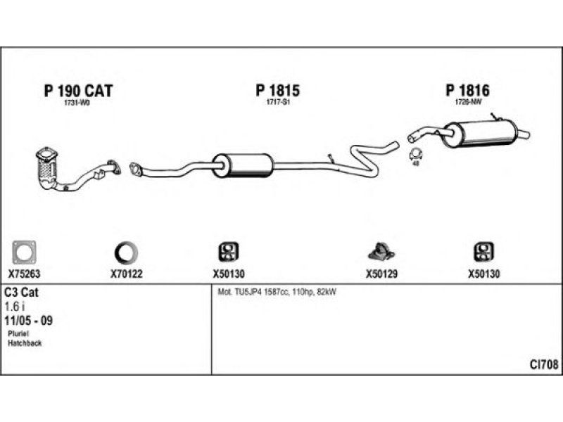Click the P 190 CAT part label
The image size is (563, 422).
click(78, 91)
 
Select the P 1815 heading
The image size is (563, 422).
click(278, 91)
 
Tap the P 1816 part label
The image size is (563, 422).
click(467, 91)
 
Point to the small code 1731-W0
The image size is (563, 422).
click(77, 103)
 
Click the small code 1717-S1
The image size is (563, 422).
click(278, 103)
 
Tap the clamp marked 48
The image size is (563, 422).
click(415, 155)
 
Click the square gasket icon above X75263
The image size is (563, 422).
click(25, 252)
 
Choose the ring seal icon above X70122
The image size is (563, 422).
click(127, 252)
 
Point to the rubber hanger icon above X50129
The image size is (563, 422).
click(381, 251)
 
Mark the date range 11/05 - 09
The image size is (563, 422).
click(30, 320)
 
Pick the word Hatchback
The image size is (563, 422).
click(25, 343)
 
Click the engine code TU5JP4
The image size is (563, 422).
click(249, 292)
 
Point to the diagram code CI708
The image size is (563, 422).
click(543, 364)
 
